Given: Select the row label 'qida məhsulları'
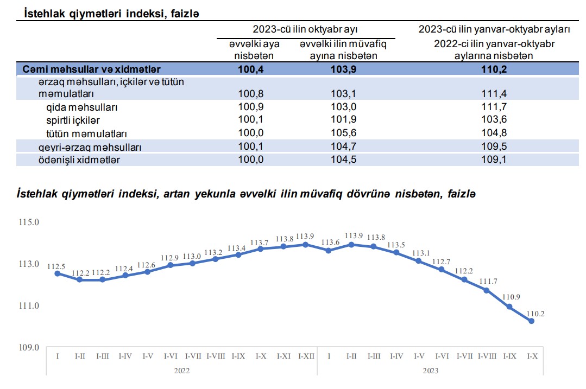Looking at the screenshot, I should pyautogui.click(x=81, y=107).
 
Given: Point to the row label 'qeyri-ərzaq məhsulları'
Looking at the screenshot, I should pyautogui.click(x=81, y=147).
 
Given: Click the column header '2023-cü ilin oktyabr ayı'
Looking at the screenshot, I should pyautogui.click(x=305, y=29).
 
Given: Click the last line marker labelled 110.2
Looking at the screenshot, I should pyautogui.click(x=531, y=321).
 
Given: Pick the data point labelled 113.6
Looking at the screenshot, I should pyautogui.click(x=328, y=251).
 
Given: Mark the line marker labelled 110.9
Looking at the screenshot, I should pyautogui.click(x=509, y=307).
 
